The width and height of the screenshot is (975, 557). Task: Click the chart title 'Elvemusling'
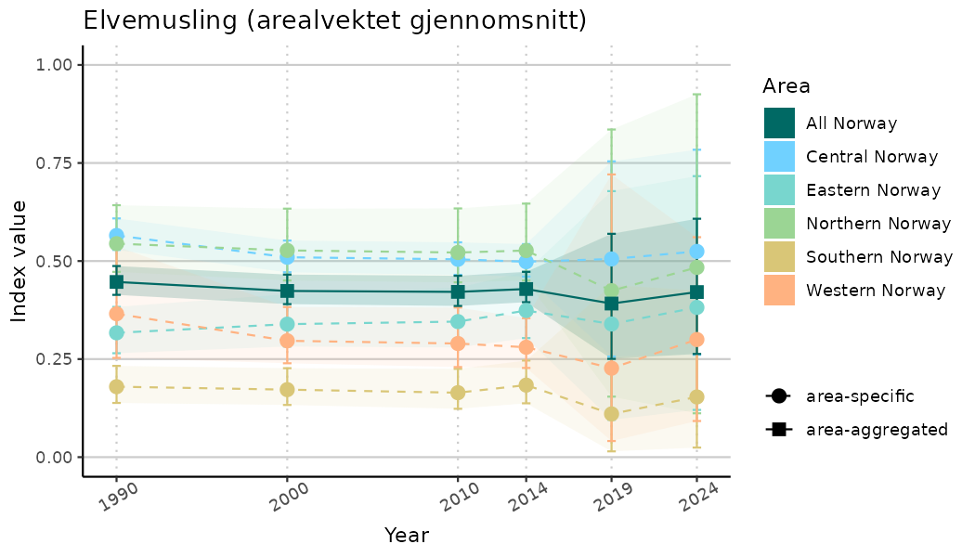pos(334,20)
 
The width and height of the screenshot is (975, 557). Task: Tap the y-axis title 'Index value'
pos(20,261)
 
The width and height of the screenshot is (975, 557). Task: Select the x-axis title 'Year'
pos(406,536)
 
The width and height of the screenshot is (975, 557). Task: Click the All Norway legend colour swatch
pos(780,123)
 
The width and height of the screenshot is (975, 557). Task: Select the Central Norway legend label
pos(872,156)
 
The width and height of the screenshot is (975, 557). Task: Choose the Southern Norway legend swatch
pos(780,256)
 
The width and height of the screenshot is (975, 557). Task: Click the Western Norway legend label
pos(876,290)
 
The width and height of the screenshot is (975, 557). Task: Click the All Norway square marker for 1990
pos(116,281)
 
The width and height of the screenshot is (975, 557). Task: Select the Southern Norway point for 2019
pos(611,414)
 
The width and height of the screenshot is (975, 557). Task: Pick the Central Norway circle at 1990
pos(116,236)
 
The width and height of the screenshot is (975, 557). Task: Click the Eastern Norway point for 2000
pos(287,324)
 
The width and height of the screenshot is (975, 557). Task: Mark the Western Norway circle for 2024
pos(696,340)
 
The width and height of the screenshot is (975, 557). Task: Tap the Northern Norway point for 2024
pos(696,267)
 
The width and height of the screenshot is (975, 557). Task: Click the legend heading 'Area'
pos(786,86)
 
